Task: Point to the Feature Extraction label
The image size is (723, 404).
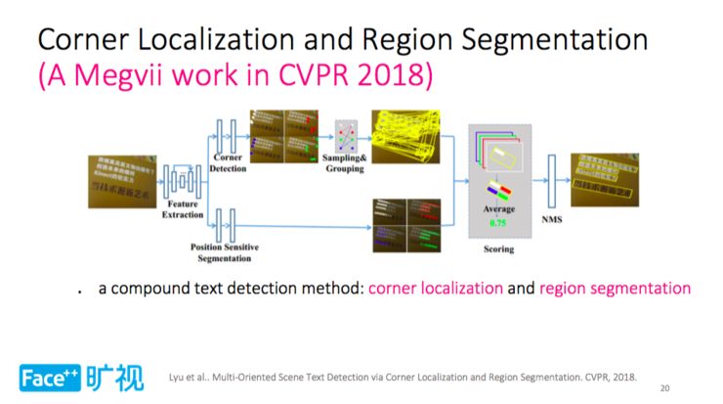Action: point(184,209)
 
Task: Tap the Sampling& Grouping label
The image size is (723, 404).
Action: point(346,163)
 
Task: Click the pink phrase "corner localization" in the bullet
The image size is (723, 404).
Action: point(436,289)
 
